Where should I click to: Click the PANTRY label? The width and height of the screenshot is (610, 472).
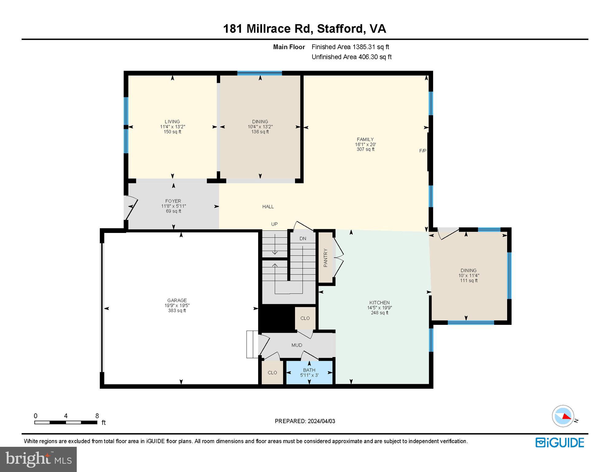(x=325, y=258)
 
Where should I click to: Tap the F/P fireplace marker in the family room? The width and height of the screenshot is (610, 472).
(x=423, y=151)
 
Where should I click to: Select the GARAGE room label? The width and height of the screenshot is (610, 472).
(x=177, y=301)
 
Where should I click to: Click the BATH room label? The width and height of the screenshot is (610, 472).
(x=309, y=370)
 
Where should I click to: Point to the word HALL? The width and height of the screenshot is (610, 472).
(x=268, y=207)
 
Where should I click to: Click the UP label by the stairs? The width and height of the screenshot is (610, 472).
(x=274, y=224)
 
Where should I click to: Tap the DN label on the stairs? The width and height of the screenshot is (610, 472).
(x=303, y=238)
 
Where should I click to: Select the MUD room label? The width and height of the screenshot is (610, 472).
(x=297, y=345)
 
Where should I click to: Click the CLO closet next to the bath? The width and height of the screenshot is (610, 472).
(x=272, y=372)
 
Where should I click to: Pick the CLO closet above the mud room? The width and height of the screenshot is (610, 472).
(x=305, y=318)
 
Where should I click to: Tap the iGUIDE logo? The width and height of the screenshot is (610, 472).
(x=560, y=442)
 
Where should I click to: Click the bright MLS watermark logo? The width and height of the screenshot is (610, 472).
(x=38, y=459)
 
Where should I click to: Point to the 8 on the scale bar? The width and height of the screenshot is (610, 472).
(x=97, y=416)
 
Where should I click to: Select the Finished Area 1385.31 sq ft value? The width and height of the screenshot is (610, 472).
(x=371, y=47)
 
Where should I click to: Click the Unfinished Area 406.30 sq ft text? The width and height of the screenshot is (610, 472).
(x=352, y=57)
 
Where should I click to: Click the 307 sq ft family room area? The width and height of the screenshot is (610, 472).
(x=365, y=149)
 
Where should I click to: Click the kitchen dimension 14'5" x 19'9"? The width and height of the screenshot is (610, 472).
(x=379, y=308)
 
